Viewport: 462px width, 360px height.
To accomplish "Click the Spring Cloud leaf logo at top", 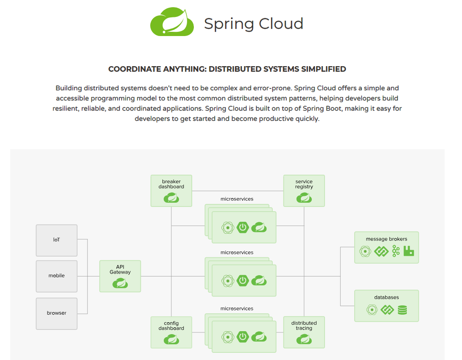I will point(172,22).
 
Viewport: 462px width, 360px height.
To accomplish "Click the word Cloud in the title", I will point(281,24).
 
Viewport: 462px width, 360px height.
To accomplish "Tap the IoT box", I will point(56,240).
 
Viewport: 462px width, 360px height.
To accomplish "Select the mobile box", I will point(56,276).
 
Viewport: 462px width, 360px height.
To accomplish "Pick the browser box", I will point(56,313).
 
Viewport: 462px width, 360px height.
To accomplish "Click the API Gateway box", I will point(120,276).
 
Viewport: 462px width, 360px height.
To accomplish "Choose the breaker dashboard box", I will point(171,191).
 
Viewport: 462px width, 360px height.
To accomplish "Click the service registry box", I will point(304,191).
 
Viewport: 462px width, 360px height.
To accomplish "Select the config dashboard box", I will point(171,332).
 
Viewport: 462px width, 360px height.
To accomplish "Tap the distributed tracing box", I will point(304,332).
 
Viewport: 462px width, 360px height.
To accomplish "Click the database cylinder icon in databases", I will point(402,310).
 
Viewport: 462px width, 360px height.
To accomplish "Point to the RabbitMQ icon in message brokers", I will point(409,251).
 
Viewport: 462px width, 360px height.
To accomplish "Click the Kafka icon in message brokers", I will point(396,251).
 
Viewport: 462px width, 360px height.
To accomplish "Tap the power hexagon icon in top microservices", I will point(243,227).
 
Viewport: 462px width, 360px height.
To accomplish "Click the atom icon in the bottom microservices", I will point(228,337).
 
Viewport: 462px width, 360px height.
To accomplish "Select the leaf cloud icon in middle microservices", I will point(258,280).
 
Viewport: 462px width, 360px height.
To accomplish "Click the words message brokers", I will point(386,239).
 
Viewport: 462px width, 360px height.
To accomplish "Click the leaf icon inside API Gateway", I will point(120,283).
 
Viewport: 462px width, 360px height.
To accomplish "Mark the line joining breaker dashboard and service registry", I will point(238,191).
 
